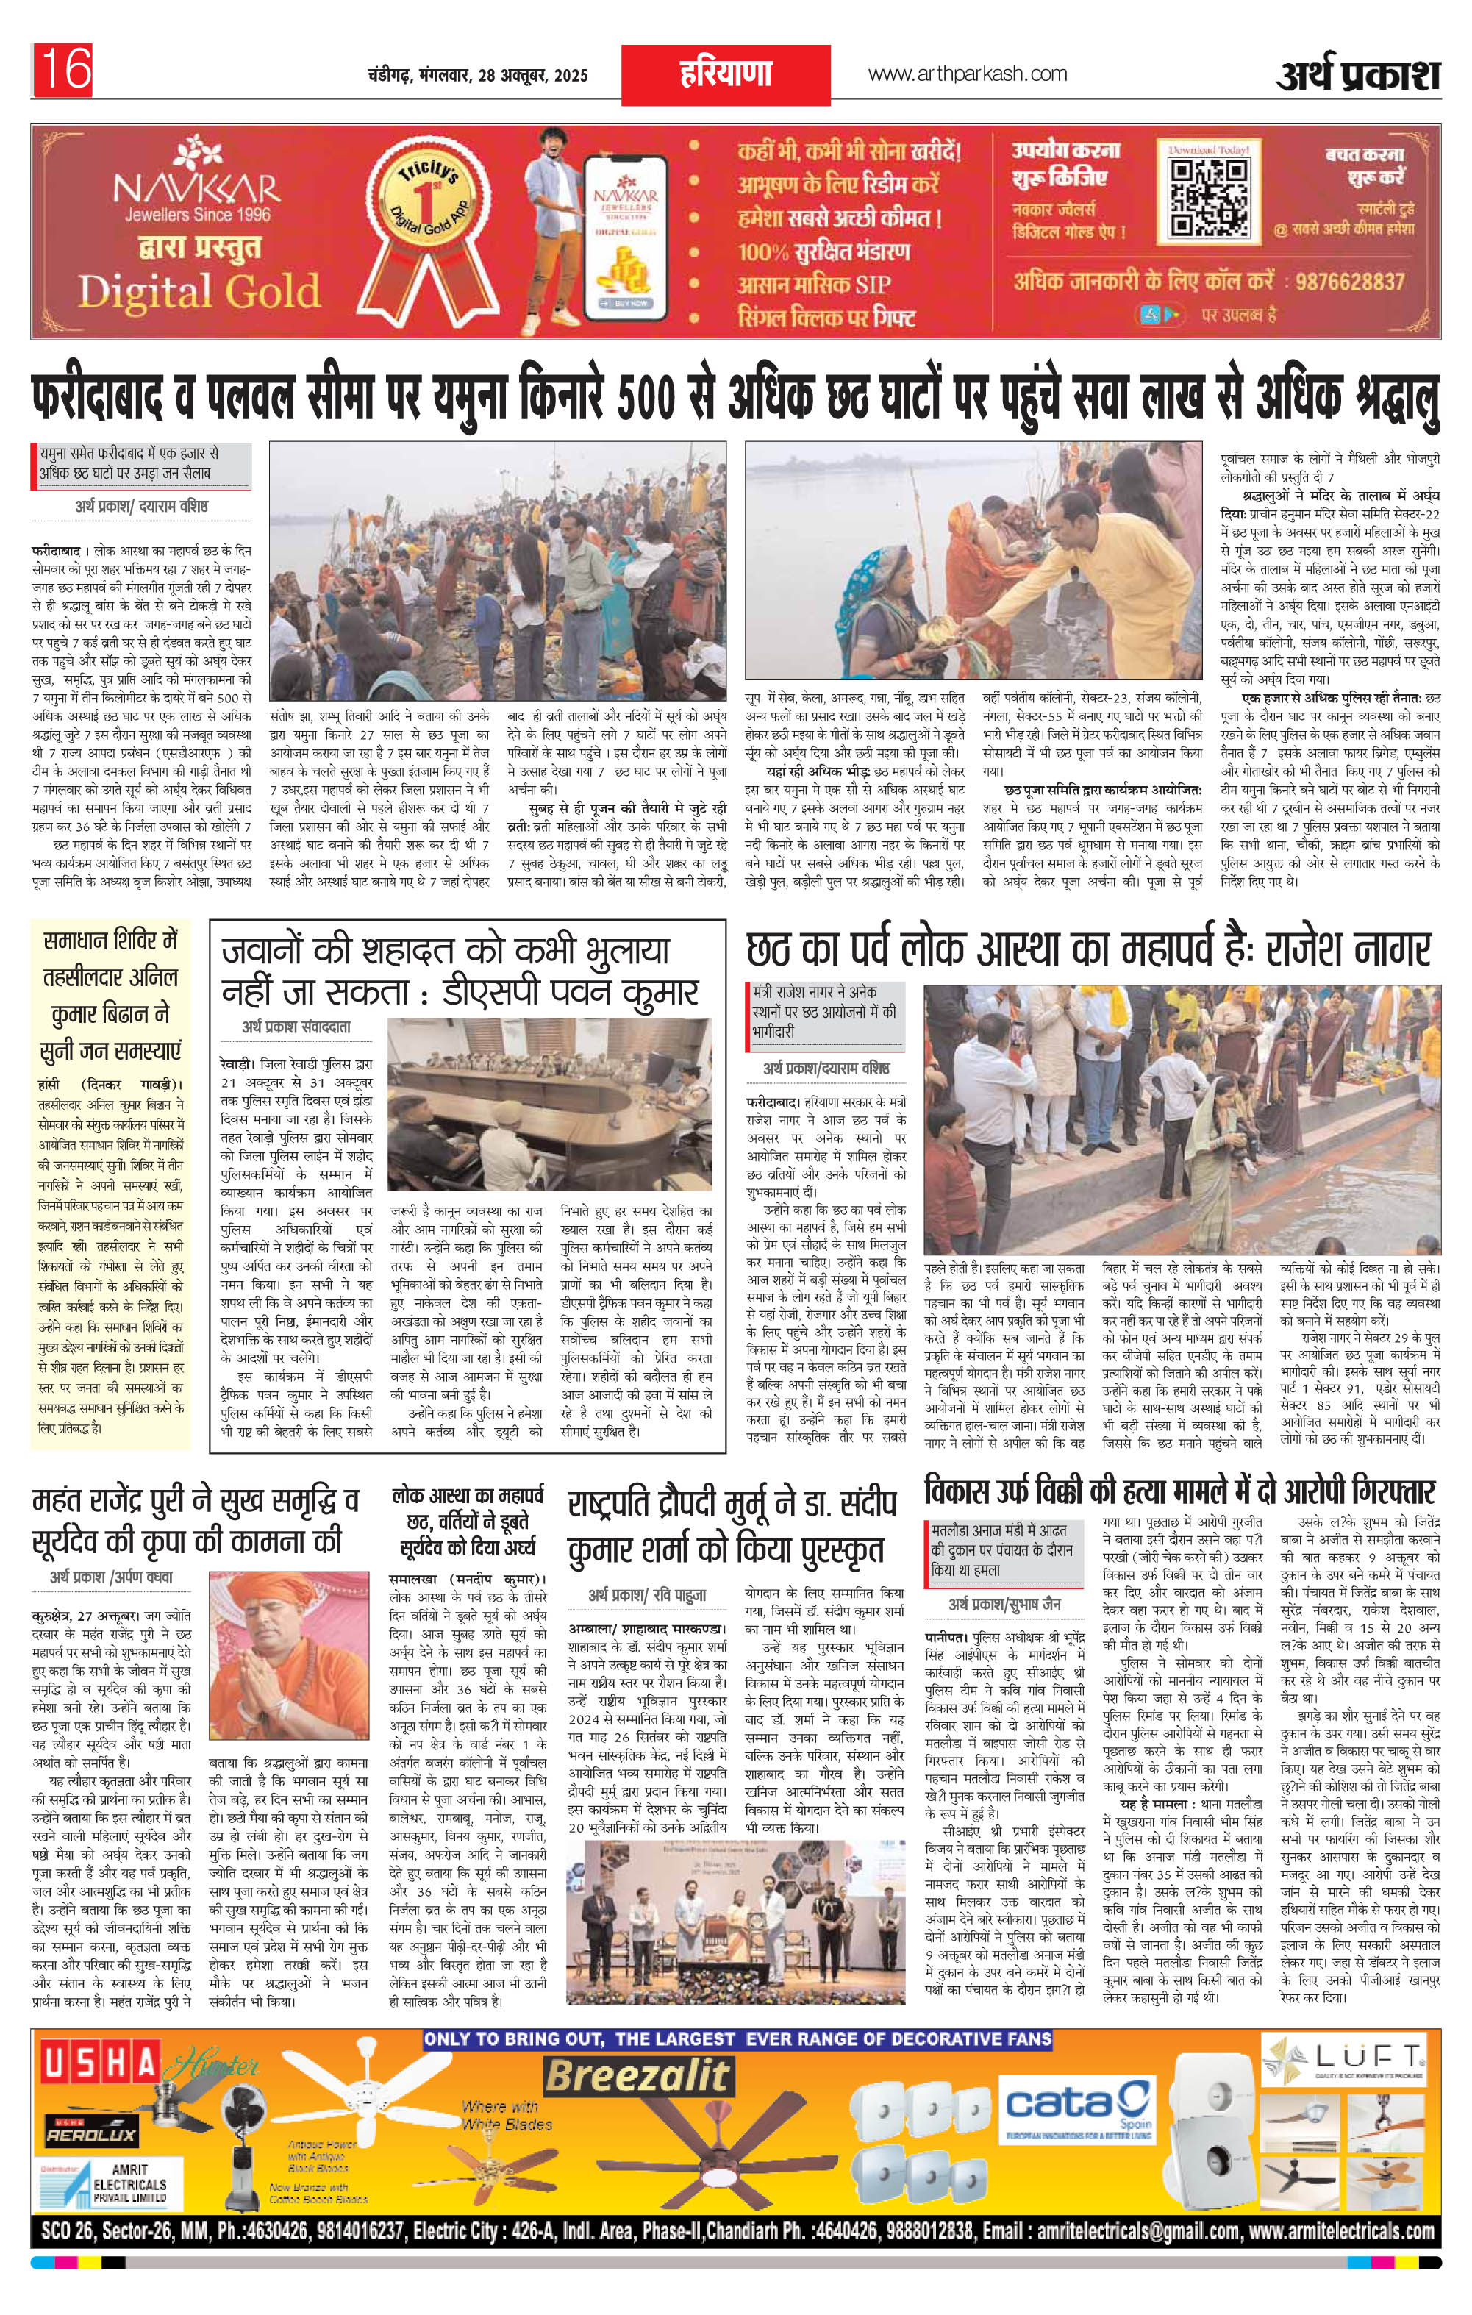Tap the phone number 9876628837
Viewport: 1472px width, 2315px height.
coord(1350,282)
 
